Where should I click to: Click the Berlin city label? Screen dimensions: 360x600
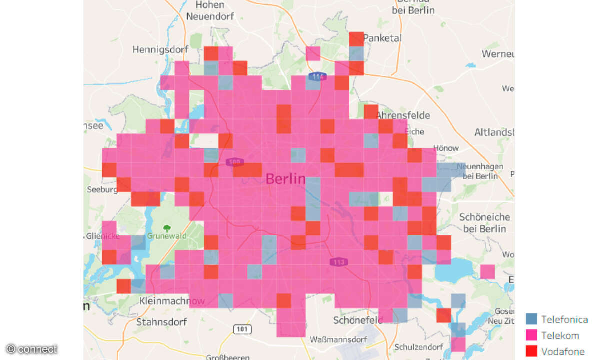tap(285, 179)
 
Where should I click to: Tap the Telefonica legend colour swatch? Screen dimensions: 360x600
tap(531, 319)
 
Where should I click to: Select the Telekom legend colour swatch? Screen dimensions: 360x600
tap(531, 335)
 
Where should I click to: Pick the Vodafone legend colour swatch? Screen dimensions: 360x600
tap(531, 351)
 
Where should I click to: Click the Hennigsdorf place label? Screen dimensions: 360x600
tap(160, 50)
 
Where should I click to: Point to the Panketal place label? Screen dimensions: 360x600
tap(382, 38)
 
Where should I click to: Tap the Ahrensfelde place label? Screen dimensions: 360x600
tap(403, 115)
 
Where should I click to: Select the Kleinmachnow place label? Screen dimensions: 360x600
tap(172, 301)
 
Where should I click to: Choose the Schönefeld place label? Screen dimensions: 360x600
tap(358, 320)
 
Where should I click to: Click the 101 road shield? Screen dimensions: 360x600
tap(242, 329)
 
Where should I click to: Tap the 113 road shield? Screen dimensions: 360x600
tap(338, 262)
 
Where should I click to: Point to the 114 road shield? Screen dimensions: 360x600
tap(317, 77)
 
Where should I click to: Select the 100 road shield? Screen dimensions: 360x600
tap(234, 162)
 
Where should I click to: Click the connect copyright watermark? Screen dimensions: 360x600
tap(32, 349)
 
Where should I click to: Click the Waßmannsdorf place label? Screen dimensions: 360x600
tap(338, 340)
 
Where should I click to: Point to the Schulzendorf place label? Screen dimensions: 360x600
tap(419, 347)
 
